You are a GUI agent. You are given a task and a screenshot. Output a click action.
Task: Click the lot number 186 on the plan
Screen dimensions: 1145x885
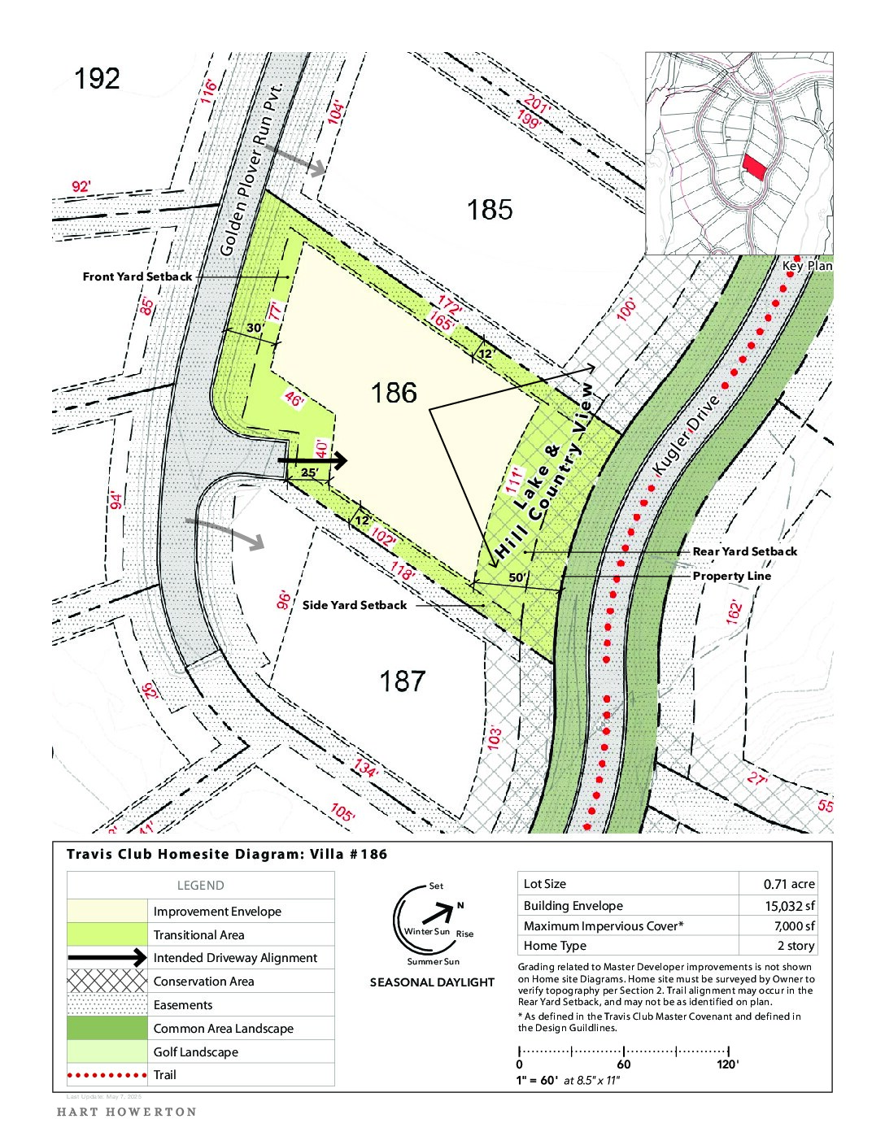(x=394, y=394)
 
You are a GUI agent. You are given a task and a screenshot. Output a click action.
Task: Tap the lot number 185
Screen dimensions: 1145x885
(x=490, y=210)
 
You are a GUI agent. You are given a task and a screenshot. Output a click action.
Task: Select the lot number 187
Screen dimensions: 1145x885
(x=402, y=681)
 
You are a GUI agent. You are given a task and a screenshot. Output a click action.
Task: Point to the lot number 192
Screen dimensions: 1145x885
(x=97, y=79)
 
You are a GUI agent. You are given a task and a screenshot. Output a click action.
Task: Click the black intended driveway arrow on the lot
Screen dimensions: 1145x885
(x=313, y=461)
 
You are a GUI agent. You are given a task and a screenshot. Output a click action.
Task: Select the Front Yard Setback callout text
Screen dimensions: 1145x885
(x=137, y=276)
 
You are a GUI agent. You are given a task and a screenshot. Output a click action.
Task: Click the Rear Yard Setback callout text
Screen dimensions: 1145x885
(x=744, y=551)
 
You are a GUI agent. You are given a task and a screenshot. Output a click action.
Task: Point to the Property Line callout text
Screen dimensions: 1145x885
(x=731, y=576)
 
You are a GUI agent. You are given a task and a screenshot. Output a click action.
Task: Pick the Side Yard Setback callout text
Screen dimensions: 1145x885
(x=355, y=605)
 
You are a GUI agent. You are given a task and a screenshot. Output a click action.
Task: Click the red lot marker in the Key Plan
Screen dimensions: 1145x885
(x=755, y=168)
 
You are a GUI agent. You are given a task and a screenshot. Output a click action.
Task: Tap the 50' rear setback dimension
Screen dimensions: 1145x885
(x=517, y=578)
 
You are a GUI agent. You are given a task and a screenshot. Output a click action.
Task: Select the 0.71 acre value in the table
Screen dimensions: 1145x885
(x=788, y=884)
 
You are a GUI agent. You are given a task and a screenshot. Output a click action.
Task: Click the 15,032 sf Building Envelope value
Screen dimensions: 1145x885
(x=789, y=906)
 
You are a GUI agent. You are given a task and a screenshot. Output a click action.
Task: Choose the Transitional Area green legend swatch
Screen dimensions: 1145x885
(x=107, y=934)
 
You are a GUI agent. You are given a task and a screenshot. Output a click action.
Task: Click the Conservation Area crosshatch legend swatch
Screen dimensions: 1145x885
(x=107, y=982)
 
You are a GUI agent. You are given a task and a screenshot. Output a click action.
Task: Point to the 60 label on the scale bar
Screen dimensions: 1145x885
(x=624, y=1064)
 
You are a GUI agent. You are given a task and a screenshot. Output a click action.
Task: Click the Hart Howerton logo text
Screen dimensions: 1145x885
(x=126, y=1112)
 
